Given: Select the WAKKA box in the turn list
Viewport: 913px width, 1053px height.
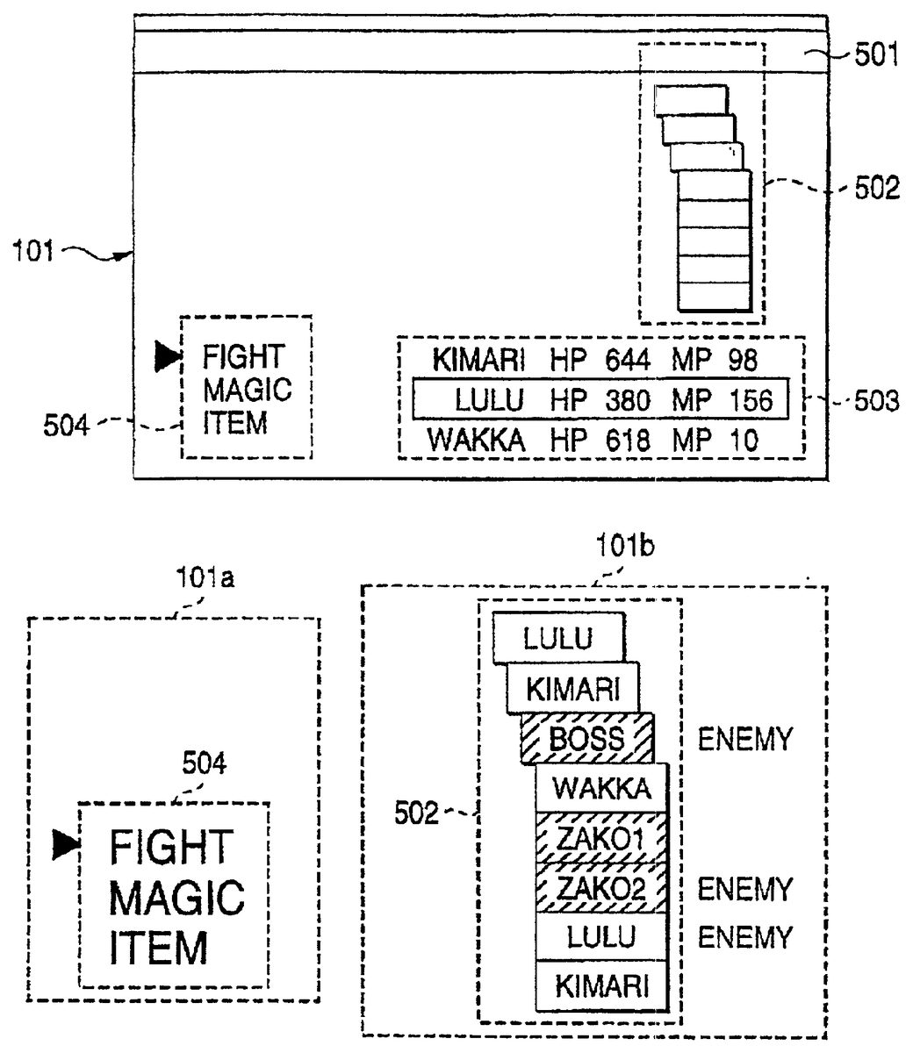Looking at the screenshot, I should pyautogui.click(x=602, y=788).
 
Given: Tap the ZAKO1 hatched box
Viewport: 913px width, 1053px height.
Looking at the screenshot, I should pyautogui.click(x=602, y=839).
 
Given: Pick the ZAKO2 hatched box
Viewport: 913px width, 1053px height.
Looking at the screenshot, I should pyautogui.click(x=602, y=889).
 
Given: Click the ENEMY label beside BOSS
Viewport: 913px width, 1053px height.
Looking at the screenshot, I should pyautogui.click(x=744, y=739).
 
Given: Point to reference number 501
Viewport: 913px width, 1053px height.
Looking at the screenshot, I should pyautogui.click(x=874, y=56).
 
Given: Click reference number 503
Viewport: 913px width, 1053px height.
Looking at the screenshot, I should pyautogui.click(x=874, y=403).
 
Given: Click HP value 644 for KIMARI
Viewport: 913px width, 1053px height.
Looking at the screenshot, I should pyautogui.click(x=627, y=360).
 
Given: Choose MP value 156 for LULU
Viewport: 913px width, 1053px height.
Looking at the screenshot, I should pyautogui.click(x=751, y=401).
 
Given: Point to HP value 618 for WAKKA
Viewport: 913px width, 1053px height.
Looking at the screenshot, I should pyautogui.click(x=627, y=441).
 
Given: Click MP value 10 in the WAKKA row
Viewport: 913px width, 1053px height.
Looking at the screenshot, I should pyautogui.click(x=743, y=441).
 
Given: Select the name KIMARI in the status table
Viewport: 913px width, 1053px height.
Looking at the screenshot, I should pyautogui.click(x=479, y=360).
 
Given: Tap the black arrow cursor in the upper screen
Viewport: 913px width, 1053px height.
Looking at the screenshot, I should pyautogui.click(x=165, y=355).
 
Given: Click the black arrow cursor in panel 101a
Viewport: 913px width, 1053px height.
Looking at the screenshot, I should pyautogui.click(x=64, y=844).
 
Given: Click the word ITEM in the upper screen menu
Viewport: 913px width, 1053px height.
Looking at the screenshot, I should pyautogui.click(x=234, y=424).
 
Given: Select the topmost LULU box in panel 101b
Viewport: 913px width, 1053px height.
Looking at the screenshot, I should pyautogui.click(x=558, y=637).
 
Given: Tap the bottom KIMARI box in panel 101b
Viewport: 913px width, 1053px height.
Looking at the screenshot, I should pyautogui.click(x=602, y=987).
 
